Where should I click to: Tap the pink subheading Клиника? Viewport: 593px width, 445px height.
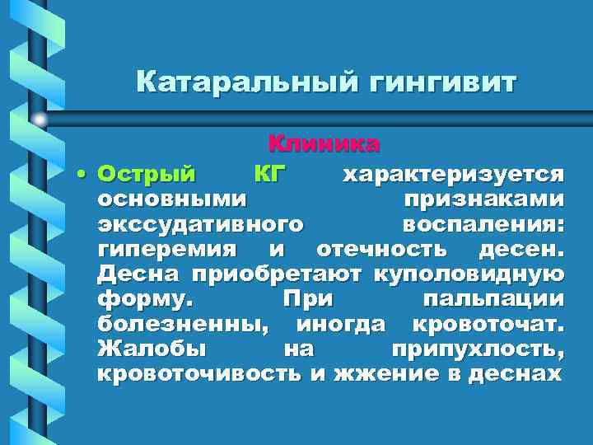click(324, 144)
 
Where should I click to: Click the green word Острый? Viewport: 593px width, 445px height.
click(147, 174)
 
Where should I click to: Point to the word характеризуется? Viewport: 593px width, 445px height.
click(453, 174)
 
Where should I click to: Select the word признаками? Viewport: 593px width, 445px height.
click(483, 199)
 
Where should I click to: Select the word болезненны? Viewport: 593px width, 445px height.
click(182, 322)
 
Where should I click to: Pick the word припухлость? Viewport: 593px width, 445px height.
click(478, 349)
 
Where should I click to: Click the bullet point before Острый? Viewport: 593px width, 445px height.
click(82, 175)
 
